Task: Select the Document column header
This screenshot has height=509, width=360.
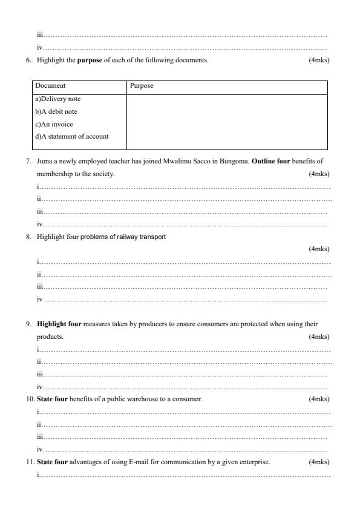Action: click(50, 86)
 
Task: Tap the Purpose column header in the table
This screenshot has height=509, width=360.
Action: click(142, 86)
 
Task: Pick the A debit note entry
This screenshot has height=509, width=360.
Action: click(56, 111)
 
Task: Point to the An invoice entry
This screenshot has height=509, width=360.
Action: click(54, 124)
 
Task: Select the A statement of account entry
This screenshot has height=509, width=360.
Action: click(72, 136)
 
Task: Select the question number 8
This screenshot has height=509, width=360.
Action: click(28, 237)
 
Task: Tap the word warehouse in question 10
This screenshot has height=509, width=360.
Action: click(130, 399)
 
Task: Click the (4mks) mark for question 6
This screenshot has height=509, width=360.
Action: click(319, 61)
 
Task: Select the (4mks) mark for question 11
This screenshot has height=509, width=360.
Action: click(319, 462)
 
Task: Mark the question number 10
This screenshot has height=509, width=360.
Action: click(30, 399)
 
